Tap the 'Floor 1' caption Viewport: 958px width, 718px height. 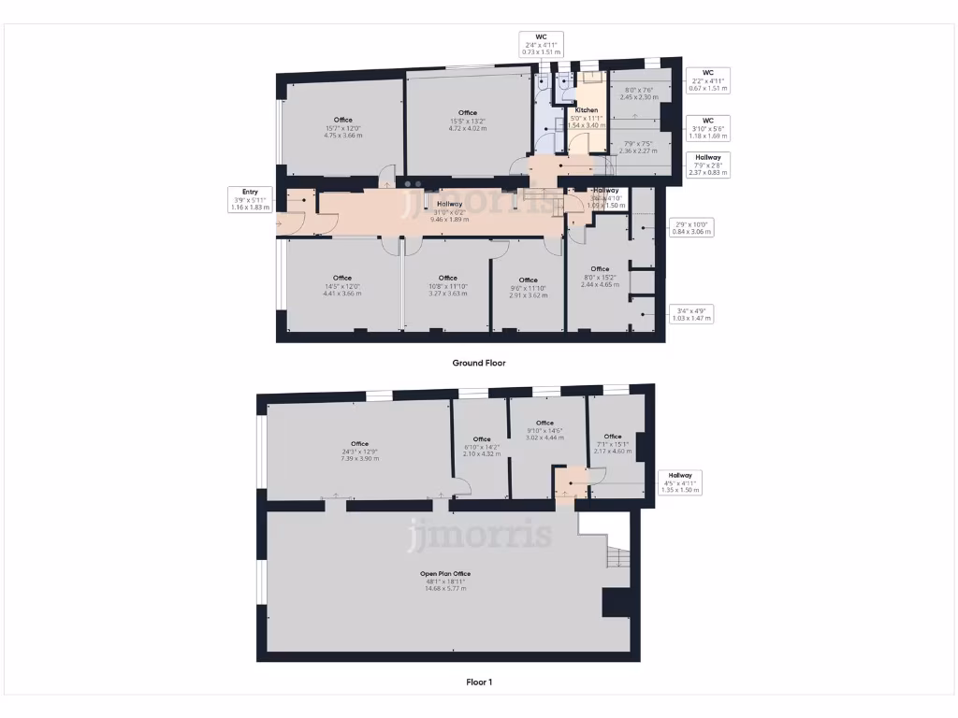(479, 682)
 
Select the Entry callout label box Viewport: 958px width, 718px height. (250, 198)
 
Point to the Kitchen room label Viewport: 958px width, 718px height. (587, 117)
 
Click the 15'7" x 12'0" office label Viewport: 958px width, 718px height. (342, 127)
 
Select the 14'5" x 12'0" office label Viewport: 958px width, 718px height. (341, 285)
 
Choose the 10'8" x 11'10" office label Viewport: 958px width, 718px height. (448, 285)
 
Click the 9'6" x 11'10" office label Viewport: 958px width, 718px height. (528, 287)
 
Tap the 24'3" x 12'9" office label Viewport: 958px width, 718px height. (359, 451)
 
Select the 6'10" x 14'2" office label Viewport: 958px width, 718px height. (482, 446)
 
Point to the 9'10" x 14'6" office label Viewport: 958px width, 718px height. (544, 430)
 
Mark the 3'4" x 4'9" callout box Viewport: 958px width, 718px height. (691, 314)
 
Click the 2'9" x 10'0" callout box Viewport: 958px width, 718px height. (692, 227)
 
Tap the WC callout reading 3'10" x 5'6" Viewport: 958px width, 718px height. (708, 126)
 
